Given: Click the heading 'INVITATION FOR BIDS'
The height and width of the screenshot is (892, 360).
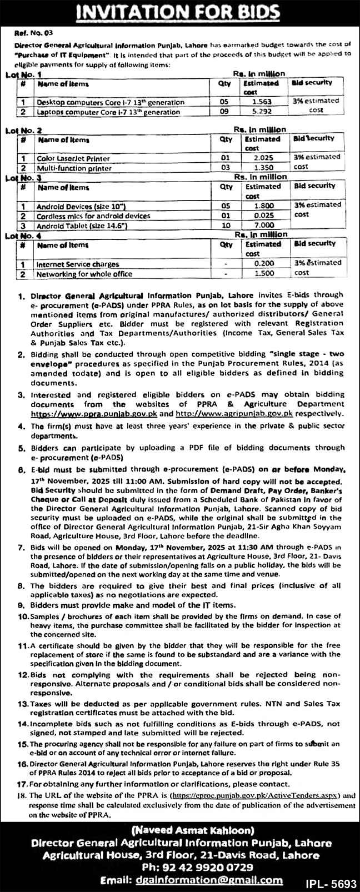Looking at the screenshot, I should point(179,12).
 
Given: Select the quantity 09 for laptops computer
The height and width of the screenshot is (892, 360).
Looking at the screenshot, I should point(223,112).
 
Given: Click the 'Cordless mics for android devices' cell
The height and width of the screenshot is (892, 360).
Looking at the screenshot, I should point(93,216).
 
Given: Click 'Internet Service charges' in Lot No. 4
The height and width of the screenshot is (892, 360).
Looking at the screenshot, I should point(78,264).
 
